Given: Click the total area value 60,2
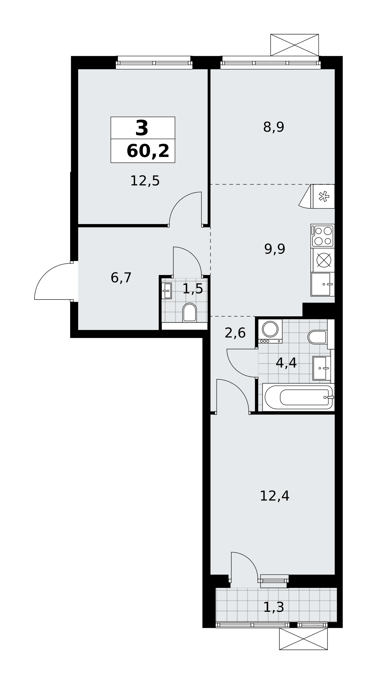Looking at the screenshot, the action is (148, 151).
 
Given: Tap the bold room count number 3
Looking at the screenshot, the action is (142, 128).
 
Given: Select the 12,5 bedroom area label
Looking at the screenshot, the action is (145, 181).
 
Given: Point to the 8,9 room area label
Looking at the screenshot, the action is (274, 127).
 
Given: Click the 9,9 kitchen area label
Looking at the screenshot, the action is (275, 249).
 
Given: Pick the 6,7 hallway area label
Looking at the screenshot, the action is (121, 278).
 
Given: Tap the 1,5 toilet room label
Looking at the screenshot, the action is (193, 289).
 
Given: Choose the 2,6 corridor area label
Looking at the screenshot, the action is (235, 333).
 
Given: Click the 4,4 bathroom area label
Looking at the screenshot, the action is (286, 363).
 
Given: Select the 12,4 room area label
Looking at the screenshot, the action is (274, 496).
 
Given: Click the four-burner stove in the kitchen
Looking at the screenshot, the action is (323, 236).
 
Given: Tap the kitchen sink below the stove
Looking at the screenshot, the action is (323, 284).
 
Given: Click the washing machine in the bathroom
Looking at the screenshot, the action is (270, 331).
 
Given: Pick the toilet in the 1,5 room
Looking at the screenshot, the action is (190, 313).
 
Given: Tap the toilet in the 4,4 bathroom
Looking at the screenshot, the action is (318, 337).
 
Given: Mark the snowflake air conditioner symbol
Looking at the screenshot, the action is (323, 196).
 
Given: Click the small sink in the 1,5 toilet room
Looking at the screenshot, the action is (166, 291).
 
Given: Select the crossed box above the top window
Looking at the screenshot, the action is (295, 45).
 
